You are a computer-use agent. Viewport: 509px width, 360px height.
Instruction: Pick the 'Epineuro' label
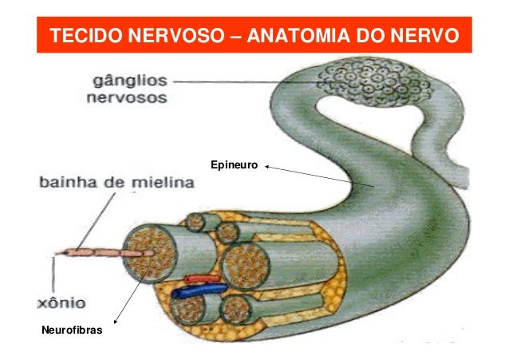234,164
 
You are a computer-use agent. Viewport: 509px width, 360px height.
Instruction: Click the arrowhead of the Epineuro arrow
266,167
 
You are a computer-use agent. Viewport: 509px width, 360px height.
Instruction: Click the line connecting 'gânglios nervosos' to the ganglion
239,81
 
